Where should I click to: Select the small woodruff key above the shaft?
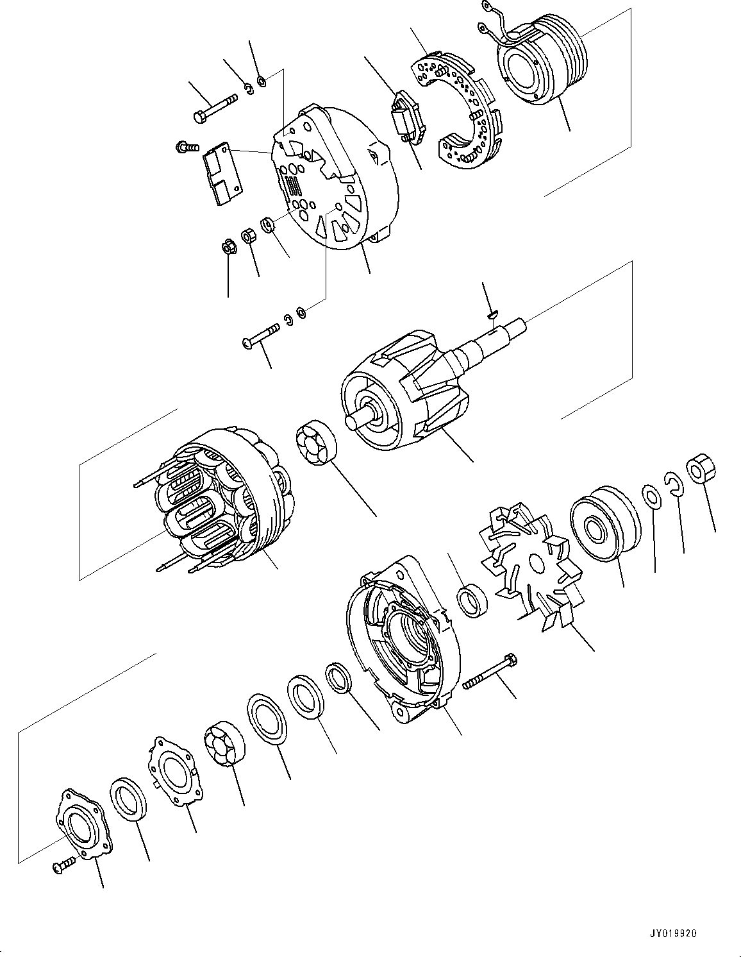click(x=492, y=314)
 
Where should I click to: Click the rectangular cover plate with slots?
click(x=222, y=174)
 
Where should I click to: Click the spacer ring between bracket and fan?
click(x=472, y=604)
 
